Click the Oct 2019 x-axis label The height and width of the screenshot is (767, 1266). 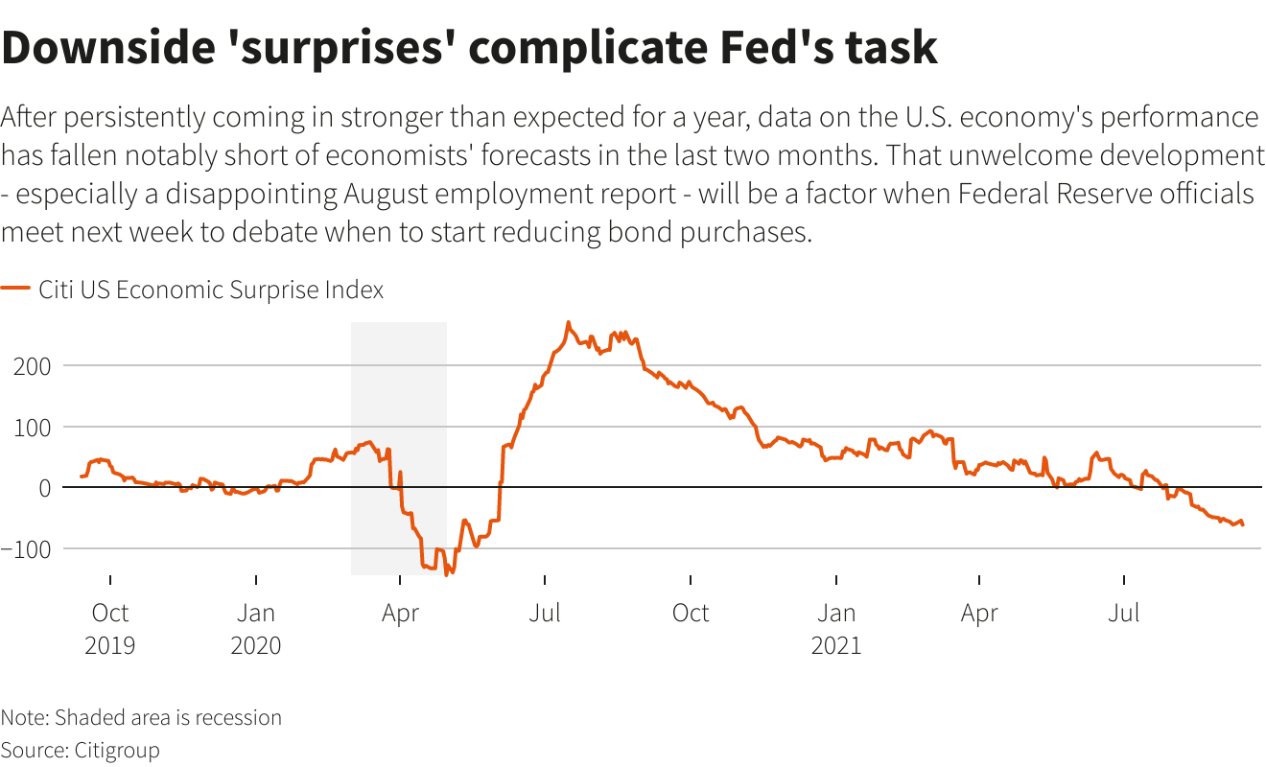pyautogui.click(x=110, y=628)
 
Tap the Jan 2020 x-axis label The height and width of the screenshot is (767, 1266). pyautogui.click(x=256, y=628)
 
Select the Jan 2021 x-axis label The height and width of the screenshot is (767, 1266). pyautogui.click(x=836, y=628)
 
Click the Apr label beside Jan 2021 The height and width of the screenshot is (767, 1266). pyautogui.click(x=979, y=613)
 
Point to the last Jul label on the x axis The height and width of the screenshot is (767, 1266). pyautogui.click(x=1124, y=613)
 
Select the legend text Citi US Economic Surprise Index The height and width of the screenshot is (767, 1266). pyautogui.click(x=211, y=290)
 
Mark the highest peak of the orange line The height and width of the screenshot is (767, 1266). pyautogui.click(x=568, y=322)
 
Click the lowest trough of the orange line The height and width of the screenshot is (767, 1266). pyautogui.click(x=446, y=574)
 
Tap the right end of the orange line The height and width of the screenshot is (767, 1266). pyautogui.click(x=1243, y=524)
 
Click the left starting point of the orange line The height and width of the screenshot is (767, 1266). pyautogui.click(x=81, y=476)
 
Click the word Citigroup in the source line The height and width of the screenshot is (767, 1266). pyautogui.click(x=116, y=749)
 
